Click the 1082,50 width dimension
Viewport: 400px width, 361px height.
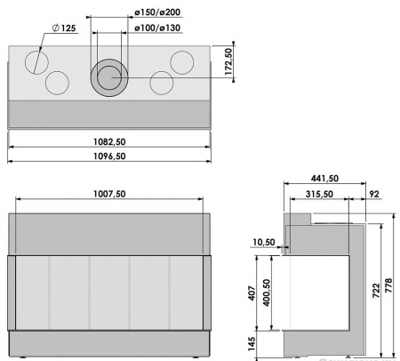click(112, 140)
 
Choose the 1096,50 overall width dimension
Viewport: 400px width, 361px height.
click(112, 156)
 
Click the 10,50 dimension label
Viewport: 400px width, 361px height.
click(265, 242)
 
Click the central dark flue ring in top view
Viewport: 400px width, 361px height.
click(110, 77)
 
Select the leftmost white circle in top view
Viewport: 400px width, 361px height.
click(38, 61)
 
